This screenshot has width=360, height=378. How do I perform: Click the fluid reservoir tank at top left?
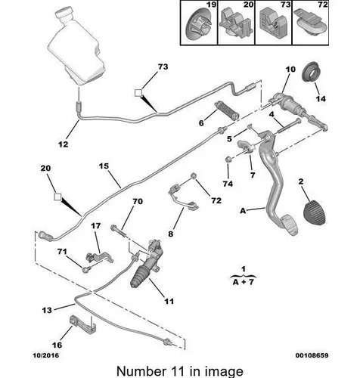pyautogui.click(x=76, y=46)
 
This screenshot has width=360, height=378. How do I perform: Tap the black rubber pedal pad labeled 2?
pyautogui.click(x=315, y=212)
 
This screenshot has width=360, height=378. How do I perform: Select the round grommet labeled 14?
pyautogui.click(x=311, y=71)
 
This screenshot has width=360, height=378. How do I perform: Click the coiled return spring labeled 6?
pyautogui.click(x=226, y=110)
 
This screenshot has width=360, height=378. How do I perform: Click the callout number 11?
pyautogui.click(x=169, y=301)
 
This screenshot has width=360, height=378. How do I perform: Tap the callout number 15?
pyautogui.click(x=104, y=166)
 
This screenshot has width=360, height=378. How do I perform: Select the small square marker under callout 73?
pyautogui.click(x=138, y=93)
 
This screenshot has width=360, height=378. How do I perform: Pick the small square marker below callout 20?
pyautogui.click(x=57, y=197)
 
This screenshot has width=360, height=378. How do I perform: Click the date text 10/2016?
pyautogui.click(x=46, y=355)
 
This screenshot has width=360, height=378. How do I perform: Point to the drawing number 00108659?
pyautogui.click(x=312, y=355)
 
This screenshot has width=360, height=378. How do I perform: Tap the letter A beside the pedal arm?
pyautogui.click(x=243, y=211)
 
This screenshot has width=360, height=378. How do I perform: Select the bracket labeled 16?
pyautogui.click(x=82, y=325)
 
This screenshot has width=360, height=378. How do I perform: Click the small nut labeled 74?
pyautogui.click(x=228, y=160)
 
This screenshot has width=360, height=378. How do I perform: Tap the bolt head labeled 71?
pyautogui.click(x=85, y=270)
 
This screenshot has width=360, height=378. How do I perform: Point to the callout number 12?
pyautogui.click(x=64, y=144)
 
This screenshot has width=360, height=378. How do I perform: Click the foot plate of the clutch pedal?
pyautogui.click(x=290, y=225)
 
